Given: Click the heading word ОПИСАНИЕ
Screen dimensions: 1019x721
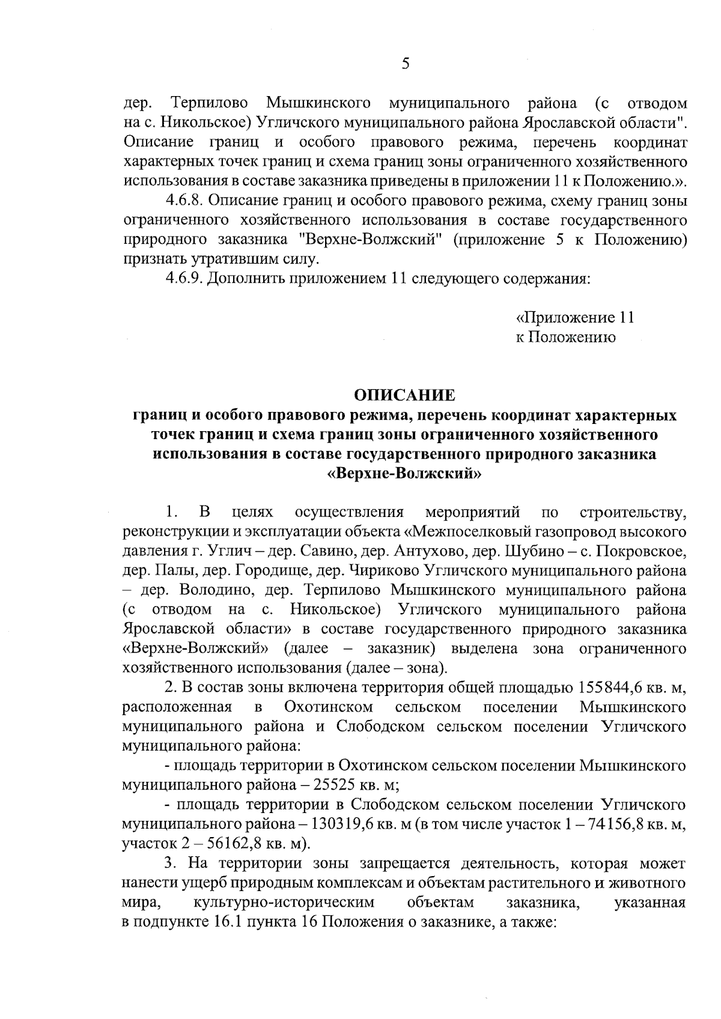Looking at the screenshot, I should (404, 395).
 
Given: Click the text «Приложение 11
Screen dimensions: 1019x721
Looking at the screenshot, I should (575, 317).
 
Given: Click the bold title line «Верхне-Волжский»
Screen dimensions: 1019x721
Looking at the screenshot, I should (404, 474).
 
